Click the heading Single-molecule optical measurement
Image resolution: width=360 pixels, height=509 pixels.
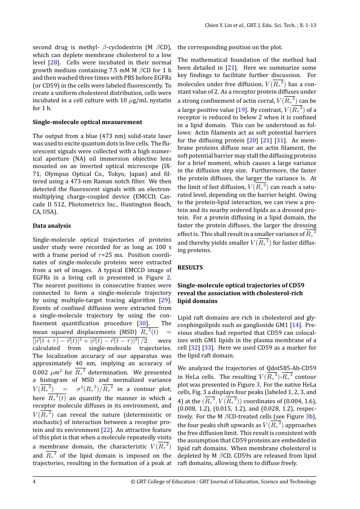pos(87,122)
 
